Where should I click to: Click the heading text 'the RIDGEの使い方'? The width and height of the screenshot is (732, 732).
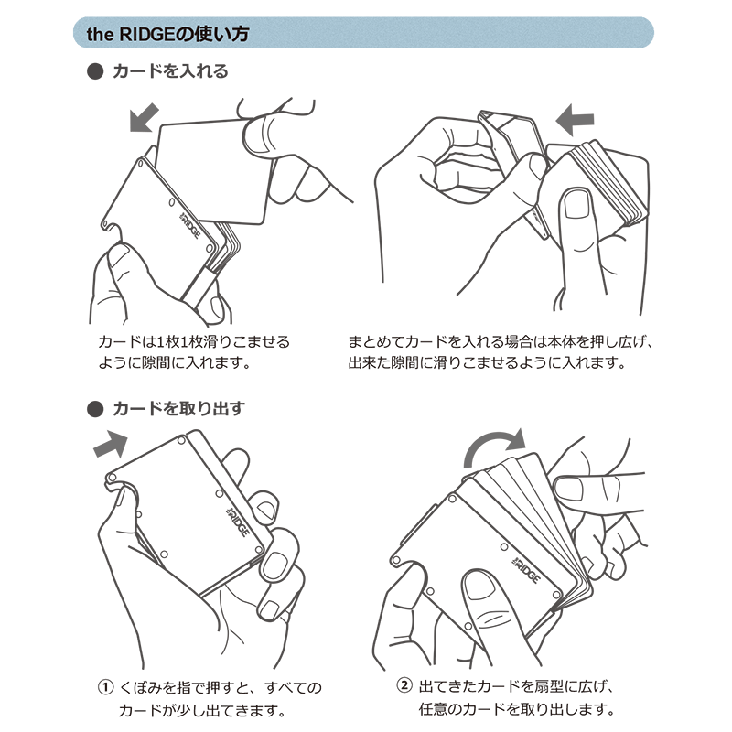[167, 34]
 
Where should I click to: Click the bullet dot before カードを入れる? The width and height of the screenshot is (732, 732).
[95, 71]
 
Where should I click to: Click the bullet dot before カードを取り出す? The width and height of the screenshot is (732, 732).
[95, 409]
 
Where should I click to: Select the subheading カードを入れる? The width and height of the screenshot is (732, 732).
[170, 71]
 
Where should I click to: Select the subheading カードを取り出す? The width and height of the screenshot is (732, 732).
[178, 409]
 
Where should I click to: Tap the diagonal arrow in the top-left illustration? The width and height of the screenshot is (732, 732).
[145, 118]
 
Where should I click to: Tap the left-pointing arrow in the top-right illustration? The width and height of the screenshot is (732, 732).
[575, 120]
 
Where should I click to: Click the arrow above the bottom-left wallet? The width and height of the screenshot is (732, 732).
[111, 444]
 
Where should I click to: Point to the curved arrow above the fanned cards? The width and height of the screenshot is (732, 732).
[495, 446]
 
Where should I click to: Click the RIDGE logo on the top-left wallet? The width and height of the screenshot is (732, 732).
[190, 225]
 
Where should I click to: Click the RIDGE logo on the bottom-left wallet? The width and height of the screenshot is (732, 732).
[238, 522]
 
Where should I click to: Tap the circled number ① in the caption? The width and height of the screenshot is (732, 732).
[105, 687]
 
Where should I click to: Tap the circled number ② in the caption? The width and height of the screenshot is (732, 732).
[404, 685]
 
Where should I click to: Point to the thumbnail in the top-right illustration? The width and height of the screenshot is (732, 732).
[576, 204]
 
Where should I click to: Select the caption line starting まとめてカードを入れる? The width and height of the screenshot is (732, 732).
[500, 342]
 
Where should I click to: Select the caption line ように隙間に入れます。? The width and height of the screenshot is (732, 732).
[175, 362]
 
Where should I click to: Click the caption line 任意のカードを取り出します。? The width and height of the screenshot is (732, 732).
[517, 709]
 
